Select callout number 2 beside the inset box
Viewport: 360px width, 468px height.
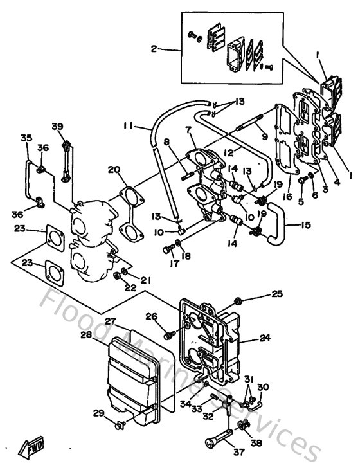(x=154, y=49)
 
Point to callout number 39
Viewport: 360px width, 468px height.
(x=58, y=126)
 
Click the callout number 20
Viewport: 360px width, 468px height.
(x=114, y=170)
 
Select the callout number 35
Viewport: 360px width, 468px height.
(x=26, y=138)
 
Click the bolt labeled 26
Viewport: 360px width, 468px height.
(x=169, y=334)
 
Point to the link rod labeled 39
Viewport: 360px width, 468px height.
(x=66, y=157)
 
